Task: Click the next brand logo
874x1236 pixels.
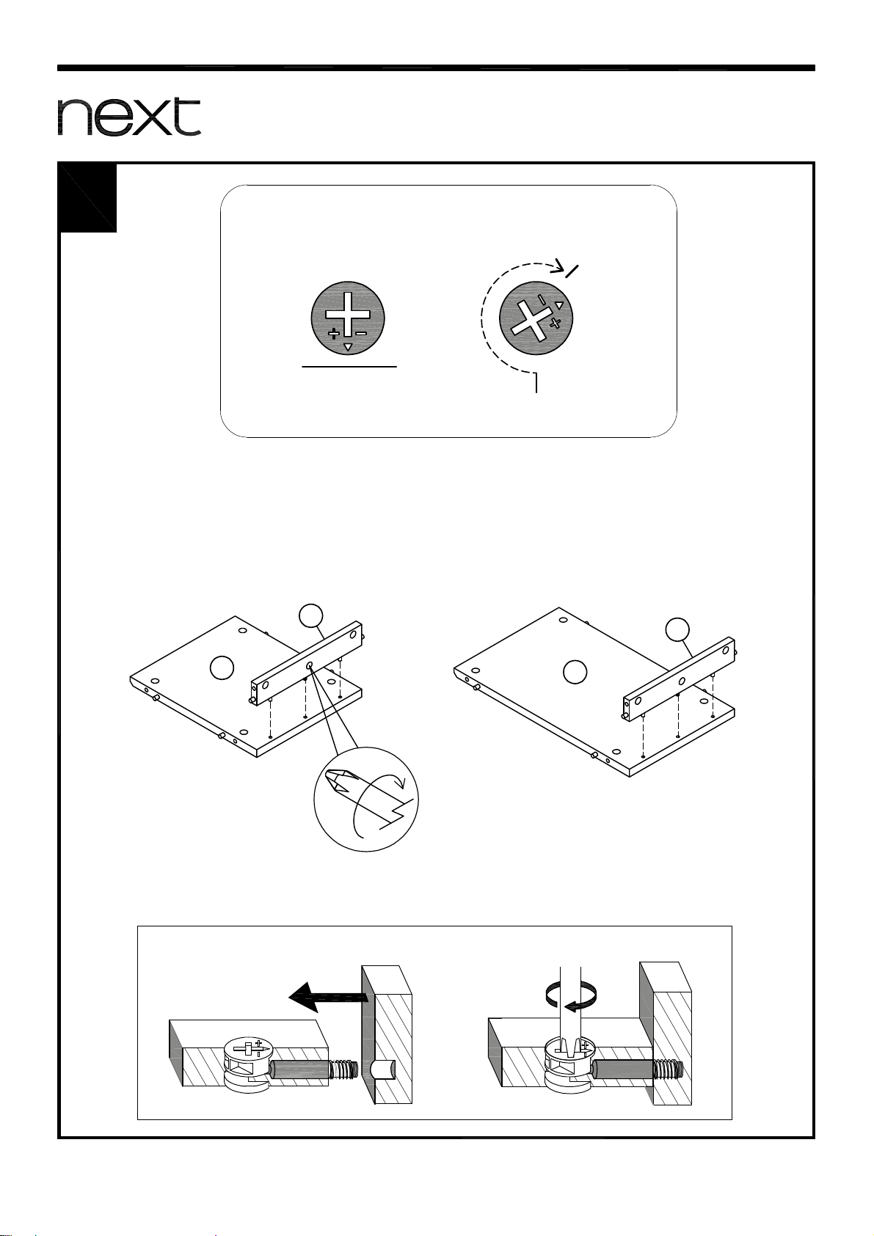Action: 128,117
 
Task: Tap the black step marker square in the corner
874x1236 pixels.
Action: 88,198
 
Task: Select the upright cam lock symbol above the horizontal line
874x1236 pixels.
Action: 348,318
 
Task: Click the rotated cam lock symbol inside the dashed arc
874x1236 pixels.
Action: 536,318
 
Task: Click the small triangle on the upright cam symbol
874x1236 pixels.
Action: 348,346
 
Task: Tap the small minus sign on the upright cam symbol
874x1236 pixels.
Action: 361,333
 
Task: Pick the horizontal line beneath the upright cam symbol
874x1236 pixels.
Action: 349,366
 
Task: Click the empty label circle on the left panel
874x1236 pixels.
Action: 222,668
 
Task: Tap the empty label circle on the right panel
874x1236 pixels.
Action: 575,671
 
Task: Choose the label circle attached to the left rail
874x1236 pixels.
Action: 310,616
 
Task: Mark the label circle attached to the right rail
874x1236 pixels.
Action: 677,629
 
